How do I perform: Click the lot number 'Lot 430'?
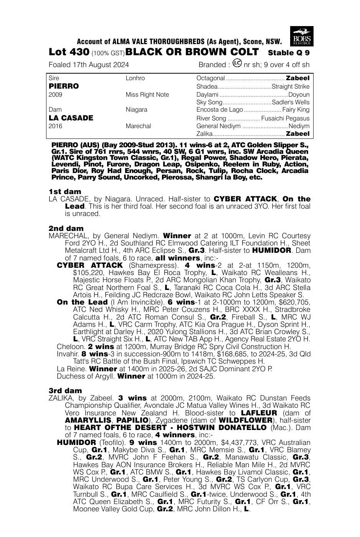coord(69,52)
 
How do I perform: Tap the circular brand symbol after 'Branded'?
coord(238,63)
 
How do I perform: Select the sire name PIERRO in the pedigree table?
coord(64,86)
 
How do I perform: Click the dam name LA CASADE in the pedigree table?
coord(71,118)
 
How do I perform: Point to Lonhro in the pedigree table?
coord(135,78)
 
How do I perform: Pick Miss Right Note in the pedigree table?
coord(147,95)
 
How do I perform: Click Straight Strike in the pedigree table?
coord(290,87)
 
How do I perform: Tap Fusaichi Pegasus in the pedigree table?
coord(285,119)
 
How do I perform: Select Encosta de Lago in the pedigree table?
coord(220,110)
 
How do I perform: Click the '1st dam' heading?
coord(65,191)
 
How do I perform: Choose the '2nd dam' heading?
coord(66,228)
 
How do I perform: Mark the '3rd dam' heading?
coord(65,391)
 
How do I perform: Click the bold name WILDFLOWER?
coord(243,420)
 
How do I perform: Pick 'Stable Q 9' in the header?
coord(289,53)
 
